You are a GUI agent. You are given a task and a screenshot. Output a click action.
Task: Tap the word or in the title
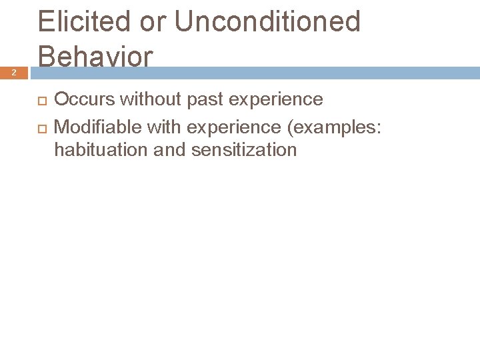153,21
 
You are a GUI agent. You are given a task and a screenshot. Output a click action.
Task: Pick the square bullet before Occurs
42,101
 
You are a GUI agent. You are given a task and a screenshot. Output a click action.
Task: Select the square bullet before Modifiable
42,126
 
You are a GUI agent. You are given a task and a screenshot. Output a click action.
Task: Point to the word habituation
100,150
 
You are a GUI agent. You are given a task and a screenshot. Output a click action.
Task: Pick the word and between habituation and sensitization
169,150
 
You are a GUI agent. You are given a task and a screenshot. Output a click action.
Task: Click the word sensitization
244,150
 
